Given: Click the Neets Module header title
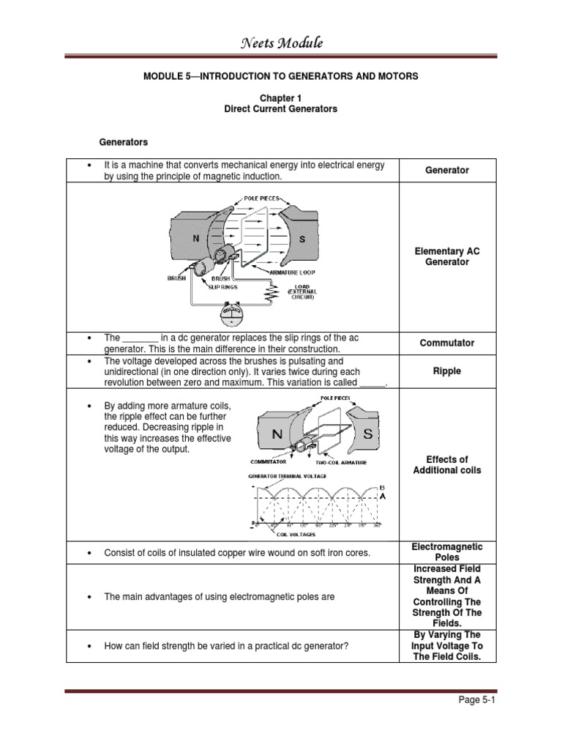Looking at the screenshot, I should point(282,44).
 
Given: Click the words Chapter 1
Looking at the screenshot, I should point(281,97).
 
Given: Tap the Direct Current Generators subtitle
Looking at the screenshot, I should point(281,108).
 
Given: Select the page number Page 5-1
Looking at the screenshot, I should point(476,700).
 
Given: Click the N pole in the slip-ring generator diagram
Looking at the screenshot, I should point(195,239).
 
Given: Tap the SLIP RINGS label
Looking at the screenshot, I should point(228,288).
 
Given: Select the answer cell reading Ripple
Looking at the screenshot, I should point(447,371).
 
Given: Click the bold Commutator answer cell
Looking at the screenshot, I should point(447,343).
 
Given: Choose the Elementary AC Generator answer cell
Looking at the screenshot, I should point(447,256).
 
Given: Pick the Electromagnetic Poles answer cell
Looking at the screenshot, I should point(447,552).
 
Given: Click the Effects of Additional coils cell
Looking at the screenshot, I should point(447,465).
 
